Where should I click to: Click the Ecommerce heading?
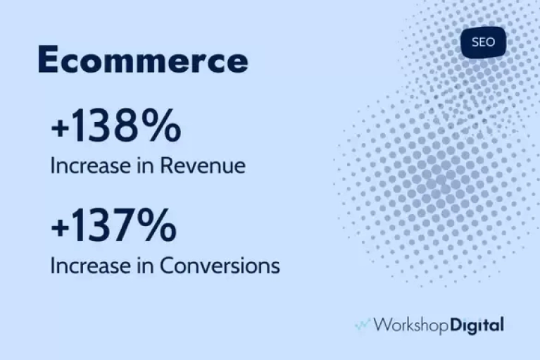(143, 59)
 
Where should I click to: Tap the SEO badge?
(483, 42)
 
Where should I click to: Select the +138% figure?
(116, 125)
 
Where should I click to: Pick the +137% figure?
(113, 225)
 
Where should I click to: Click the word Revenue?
(203, 166)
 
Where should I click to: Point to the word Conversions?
(220, 266)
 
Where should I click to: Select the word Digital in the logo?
(477, 325)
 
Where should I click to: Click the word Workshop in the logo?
(411, 325)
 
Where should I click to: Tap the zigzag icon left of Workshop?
(363, 325)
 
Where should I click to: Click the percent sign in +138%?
(161, 125)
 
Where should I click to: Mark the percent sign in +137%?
(157, 225)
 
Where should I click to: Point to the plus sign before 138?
(59, 128)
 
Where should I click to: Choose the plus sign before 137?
(59, 228)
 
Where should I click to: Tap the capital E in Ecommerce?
(48, 59)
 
